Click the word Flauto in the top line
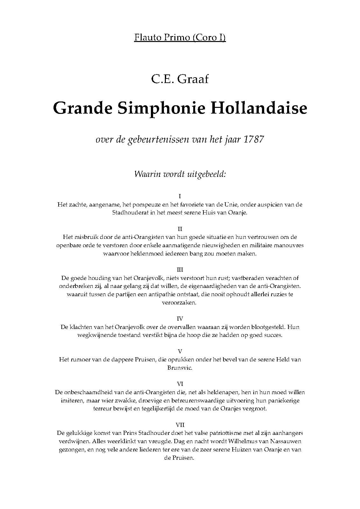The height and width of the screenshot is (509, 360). pos(144,38)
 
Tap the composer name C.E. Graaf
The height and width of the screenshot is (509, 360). pos(180,78)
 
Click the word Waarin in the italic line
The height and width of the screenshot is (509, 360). pos(146,174)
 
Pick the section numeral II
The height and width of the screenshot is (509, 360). pos(180,229)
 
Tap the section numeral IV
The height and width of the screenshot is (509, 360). pos(180,318)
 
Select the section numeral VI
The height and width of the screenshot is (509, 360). pos(180,384)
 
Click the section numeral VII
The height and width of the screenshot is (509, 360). pos(180,425)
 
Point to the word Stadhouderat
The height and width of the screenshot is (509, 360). pos(129,213)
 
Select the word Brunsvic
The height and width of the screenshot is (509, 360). pos(180,368)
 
